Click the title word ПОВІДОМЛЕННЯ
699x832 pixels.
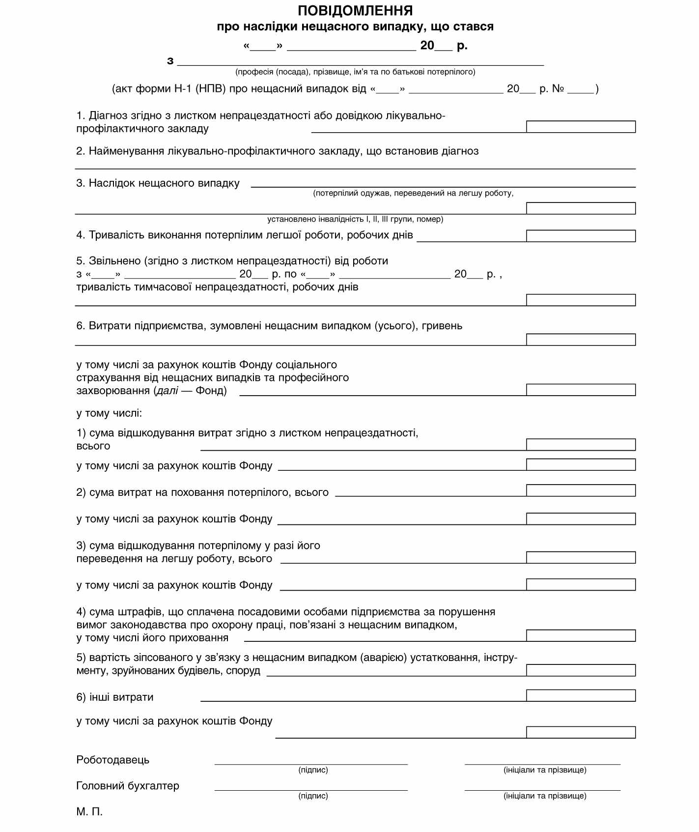[355, 10]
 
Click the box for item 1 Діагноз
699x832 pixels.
[581, 127]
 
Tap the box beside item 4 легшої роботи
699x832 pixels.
[581, 236]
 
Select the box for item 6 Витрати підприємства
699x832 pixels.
[581, 340]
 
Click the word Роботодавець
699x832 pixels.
[112, 760]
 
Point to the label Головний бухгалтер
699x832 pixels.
[128, 786]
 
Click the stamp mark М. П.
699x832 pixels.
[89, 811]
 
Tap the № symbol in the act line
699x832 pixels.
[558, 89]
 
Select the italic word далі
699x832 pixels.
[168, 391]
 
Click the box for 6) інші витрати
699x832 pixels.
[581, 695]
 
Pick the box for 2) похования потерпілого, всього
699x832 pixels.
[581, 490]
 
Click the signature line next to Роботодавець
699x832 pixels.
[311, 764]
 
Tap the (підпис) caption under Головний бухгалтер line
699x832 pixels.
[313, 796]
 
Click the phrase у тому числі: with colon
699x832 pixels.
[109, 413]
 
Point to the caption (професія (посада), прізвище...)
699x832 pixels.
[355, 72]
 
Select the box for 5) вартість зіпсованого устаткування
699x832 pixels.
[581, 670]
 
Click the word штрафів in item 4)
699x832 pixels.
[141, 612]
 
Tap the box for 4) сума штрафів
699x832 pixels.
[581, 635]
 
